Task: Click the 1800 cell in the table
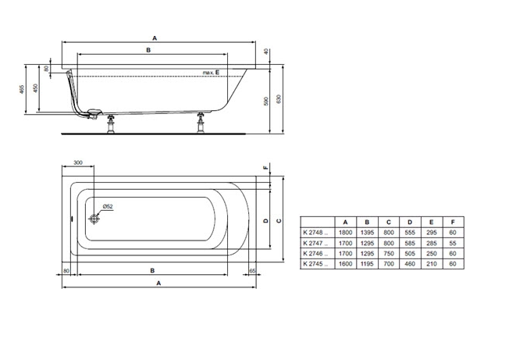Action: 345,233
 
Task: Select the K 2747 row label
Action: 315,243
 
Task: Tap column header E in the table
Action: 432,222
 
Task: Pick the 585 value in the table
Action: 410,243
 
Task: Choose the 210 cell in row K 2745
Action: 432,264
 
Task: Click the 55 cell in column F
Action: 453,243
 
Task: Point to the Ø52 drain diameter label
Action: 108,207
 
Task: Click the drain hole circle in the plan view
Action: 94,219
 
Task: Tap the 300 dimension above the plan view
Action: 78,162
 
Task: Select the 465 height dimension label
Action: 22,90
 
